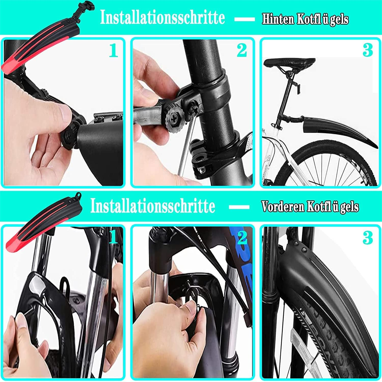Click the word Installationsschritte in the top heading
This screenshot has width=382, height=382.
tap(162, 18)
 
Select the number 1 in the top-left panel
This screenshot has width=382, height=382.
tap(113, 50)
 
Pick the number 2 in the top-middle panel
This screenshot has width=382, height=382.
tap(241, 50)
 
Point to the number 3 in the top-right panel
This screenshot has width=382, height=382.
tap(367, 50)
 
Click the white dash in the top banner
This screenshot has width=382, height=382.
tap(244, 19)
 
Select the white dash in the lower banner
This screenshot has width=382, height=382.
tap(239, 207)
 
